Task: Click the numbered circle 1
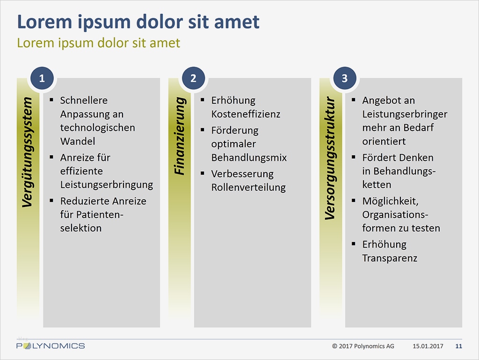coord(42,78)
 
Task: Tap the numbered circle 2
coord(193,78)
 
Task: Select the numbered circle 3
coord(345,78)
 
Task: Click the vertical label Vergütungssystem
coord(28,152)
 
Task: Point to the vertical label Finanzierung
coord(180,136)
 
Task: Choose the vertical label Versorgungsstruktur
coord(330,158)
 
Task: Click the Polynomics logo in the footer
coord(51,346)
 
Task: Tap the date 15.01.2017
coord(428,346)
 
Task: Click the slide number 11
coord(458,346)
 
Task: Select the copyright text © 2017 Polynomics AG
coord(363,346)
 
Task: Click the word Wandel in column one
coord(78,141)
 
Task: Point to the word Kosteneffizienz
coord(246,114)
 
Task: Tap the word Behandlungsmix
coord(249,158)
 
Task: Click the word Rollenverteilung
coord(248,187)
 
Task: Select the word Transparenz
coord(390,258)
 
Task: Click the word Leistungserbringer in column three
coord(405,114)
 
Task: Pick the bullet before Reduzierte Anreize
coord(51,200)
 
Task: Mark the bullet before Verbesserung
coord(202,173)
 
